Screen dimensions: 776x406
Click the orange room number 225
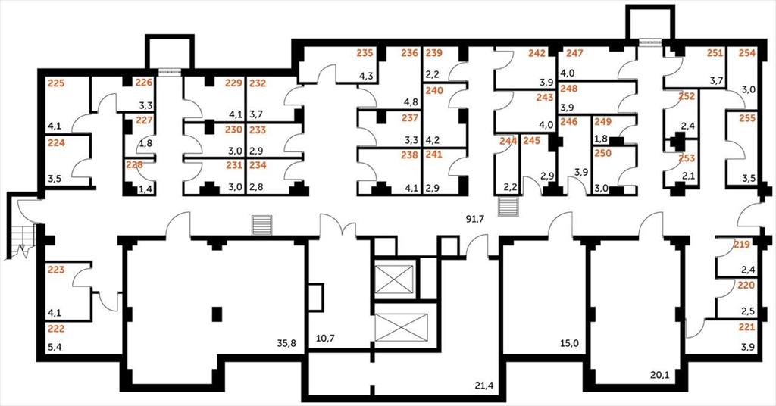click(x=56, y=83)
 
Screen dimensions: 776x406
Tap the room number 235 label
click(x=365, y=54)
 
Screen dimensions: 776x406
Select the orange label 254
click(x=747, y=54)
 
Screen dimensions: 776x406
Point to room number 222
click(x=56, y=329)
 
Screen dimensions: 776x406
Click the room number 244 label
click(x=508, y=141)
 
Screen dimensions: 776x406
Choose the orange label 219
click(x=742, y=245)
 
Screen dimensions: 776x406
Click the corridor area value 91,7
click(x=474, y=220)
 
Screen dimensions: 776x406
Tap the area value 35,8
click(x=287, y=343)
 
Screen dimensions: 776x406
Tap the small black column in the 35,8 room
click(x=217, y=314)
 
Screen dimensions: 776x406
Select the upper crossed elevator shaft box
click(x=394, y=279)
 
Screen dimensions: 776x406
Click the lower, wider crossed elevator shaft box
click(x=401, y=327)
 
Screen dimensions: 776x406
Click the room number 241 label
click(x=433, y=155)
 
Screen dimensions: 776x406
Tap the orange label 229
click(x=233, y=83)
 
